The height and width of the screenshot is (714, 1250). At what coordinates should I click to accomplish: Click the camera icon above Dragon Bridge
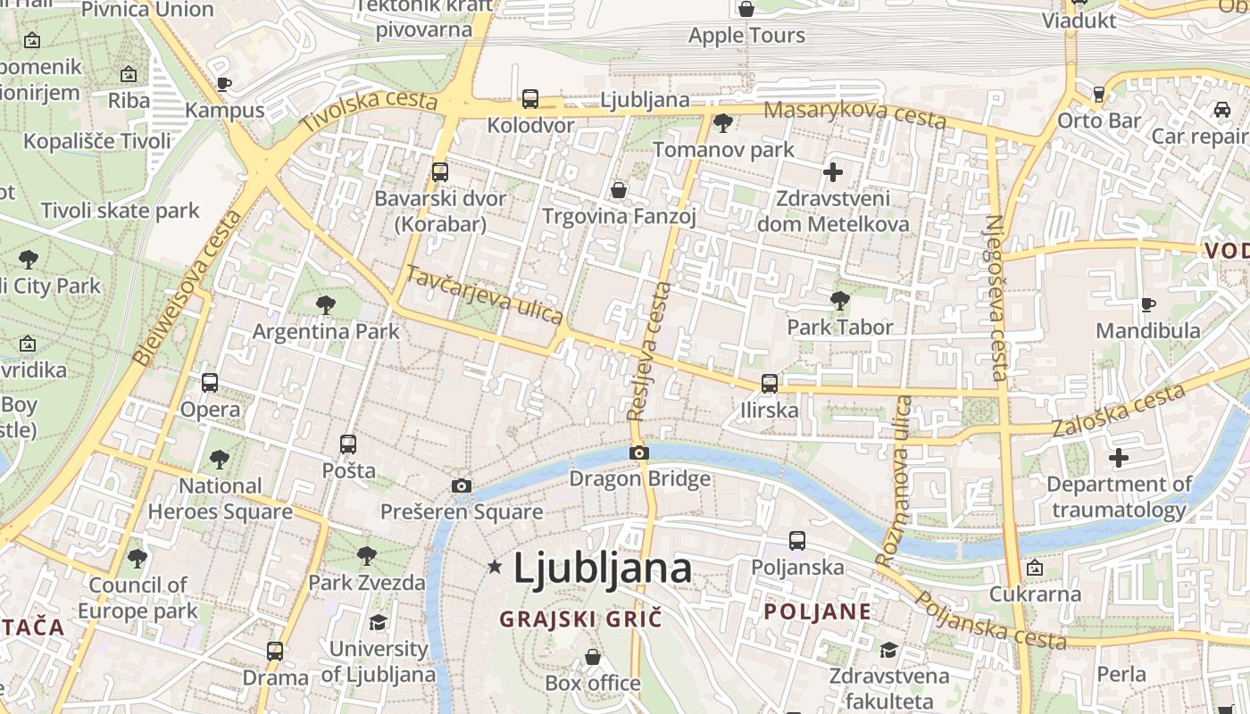coord(638,452)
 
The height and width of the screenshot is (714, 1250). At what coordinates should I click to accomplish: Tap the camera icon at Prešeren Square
coord(461,486)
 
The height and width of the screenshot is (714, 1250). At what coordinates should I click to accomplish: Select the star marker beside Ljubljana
coord(495,566)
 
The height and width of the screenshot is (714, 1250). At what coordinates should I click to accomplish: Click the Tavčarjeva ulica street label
coord(484,295)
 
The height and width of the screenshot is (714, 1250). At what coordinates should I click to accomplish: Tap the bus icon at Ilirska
coord(769,384)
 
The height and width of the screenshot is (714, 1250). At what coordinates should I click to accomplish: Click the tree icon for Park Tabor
coord(839,300)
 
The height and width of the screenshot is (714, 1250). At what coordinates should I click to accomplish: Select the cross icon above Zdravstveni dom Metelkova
coord(833,172)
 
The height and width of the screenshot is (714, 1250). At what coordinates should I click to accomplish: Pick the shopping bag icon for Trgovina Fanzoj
coord(618,190)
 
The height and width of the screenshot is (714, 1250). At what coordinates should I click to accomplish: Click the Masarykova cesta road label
coord(855,113)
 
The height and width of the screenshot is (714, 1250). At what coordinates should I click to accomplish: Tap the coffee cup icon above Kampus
coord(224,84)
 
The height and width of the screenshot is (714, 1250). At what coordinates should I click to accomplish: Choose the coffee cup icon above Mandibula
coord(1148,305)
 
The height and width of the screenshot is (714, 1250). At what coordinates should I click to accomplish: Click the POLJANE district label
coord(817,612)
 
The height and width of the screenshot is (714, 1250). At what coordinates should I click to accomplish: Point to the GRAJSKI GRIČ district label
coord(580,619)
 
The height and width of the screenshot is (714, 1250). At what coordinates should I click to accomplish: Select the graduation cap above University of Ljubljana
coord(379,622)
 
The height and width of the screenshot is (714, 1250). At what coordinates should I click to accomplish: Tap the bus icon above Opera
coord(210,383)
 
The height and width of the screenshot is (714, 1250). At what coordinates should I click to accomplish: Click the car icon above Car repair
coord(1221,110)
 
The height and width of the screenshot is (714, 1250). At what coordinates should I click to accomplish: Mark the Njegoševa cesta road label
coord(996,297)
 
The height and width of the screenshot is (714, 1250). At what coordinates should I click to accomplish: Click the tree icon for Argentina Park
coord(326,304)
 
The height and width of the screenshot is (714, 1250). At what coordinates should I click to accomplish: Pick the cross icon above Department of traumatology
coord(1118,458)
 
